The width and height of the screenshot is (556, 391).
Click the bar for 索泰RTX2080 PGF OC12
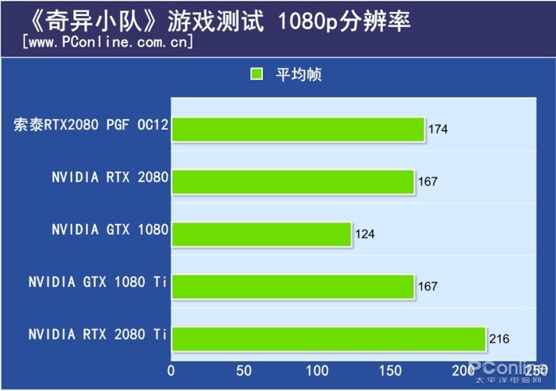[x=298, y=130]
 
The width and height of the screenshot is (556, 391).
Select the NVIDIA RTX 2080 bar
[x=293, y=182]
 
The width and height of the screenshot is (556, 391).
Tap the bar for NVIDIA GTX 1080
[x=261, y=234]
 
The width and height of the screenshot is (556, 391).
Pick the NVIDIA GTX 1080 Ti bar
[x=293, y=287]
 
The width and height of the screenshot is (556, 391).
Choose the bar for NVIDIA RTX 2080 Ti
[x=328, y=339]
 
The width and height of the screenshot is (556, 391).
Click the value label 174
[x=438, y=129]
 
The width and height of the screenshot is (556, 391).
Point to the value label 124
[x=365, y=234]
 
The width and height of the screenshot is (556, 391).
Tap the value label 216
[x=499, y=339]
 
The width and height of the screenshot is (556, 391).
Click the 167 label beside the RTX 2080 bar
[x=428, y=182]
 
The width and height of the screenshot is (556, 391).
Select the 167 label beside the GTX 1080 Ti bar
[x=428, y=287]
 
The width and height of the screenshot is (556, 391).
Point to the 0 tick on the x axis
[x=171, y=370]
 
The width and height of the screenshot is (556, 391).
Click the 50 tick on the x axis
[x=243, y=370]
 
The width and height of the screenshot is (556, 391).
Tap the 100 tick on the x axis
[x=316, y=370]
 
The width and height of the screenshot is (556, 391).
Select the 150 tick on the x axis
[x=389, y=370]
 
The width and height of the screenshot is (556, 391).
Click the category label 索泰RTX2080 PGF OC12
[x=91, y=125]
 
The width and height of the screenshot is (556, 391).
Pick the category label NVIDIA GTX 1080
[x=110, y=230]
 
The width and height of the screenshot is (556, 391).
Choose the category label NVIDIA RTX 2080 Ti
[x=98, y=335]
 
